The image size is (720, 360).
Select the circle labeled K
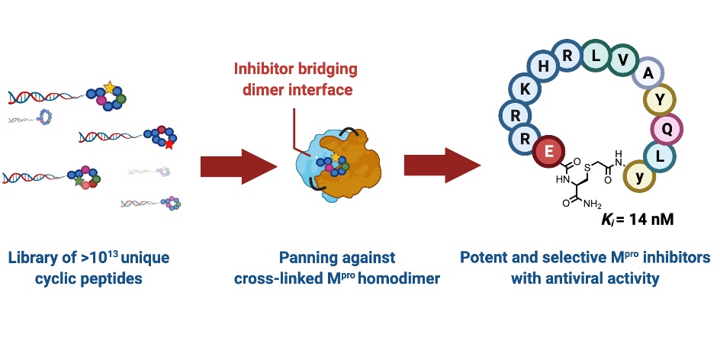pos(525,90)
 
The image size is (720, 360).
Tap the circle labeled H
pos(544,66)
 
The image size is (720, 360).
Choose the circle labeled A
pos(648,73)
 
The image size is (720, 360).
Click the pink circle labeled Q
pos(667,129)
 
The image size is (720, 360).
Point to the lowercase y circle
pos(638,177)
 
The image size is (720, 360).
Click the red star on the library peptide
pos(168,143)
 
